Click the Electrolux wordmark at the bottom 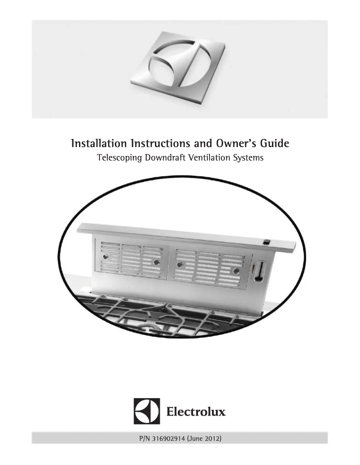[196, 411]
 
